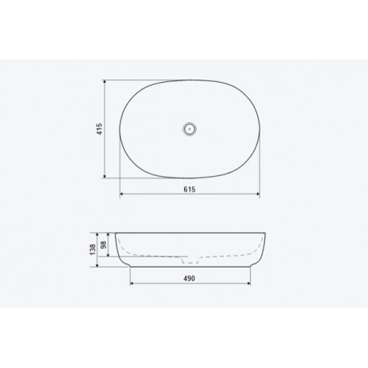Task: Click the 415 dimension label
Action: click(100, 129)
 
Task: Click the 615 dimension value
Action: click(190, 190)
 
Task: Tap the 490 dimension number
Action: click(189, 279)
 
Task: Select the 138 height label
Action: click(93, 250)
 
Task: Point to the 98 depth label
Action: click(104, 244)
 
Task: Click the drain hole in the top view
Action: click(190, 129)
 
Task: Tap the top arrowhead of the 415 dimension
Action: click(104, 82)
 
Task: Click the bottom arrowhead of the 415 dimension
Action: click(104, 176)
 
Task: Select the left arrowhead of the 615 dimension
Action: click(122, 194)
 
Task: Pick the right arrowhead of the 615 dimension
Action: click(257, 194)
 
